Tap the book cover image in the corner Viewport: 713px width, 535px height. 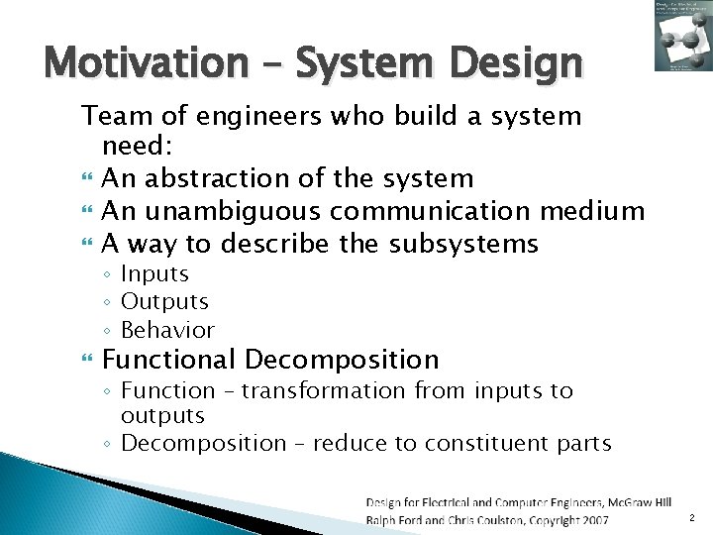tap(680, 36)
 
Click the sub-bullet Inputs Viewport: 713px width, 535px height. tap(154, 274)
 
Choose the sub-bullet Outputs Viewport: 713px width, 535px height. tap(164, 301)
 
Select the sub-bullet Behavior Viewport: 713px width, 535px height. tap(167, 329)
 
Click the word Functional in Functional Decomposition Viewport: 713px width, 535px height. tap(168, 360)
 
